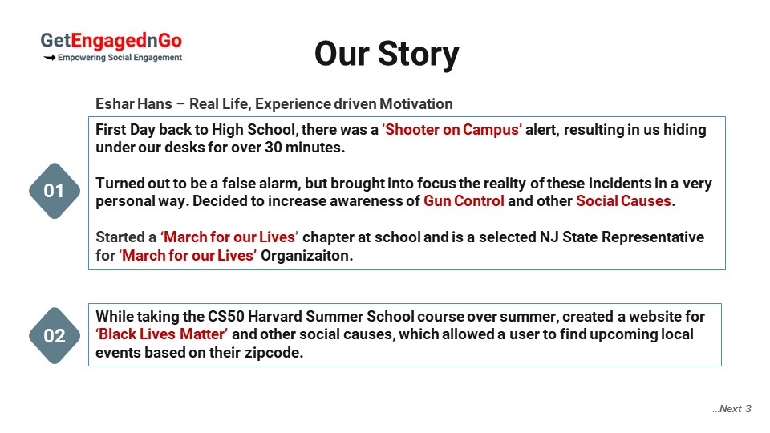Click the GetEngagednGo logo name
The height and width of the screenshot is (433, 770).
111,41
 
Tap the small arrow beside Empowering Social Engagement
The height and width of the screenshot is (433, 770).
49,58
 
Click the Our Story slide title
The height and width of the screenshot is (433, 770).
387,54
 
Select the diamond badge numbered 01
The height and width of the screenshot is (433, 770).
54,191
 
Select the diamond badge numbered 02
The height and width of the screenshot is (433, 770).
54,336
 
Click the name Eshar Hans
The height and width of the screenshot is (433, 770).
134,104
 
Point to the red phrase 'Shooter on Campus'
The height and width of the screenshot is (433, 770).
452,130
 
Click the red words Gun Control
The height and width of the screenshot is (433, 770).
464,200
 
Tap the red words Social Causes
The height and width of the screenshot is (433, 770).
623,200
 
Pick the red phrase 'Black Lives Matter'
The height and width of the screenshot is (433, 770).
161,334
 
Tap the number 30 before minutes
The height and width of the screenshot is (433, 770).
274,148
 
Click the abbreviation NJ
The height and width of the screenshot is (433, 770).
549,237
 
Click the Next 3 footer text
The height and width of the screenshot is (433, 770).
731,409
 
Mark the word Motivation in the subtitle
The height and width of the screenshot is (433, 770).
416,104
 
